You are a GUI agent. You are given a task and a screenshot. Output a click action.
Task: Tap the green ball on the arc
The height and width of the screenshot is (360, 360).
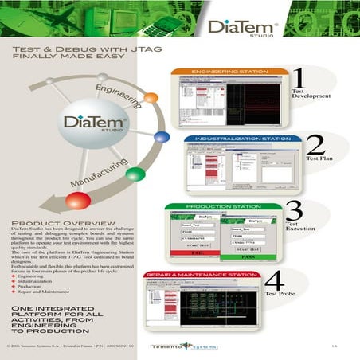pyautogui.click(x=136, y=174)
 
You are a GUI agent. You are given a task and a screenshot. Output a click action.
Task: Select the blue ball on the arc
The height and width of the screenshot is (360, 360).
pyautogui.click(x=162, y=137)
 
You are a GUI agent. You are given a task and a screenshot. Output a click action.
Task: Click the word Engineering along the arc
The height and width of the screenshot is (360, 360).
pyautogui.click(x=119, y=89)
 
